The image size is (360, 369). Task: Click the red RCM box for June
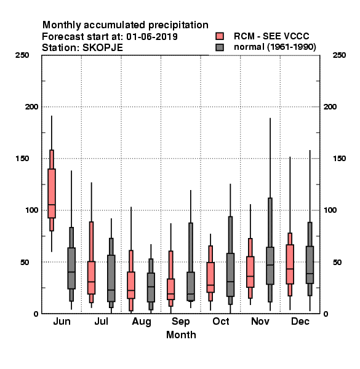[x=52, y=193]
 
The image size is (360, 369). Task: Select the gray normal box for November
[x=270, y=266]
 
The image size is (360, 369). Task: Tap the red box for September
[x=170, y=289]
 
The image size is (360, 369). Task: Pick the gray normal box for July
[x=111, y=278]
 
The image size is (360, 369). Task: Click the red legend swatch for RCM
[x=220, y=36]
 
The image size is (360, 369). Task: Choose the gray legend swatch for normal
[x=220, y=47]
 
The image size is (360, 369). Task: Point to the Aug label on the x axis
[x=142, y=322]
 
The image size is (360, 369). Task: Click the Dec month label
[x=300, y=321]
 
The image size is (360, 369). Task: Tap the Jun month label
[x=62, y=321]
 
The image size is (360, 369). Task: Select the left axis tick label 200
[x=31, y=106]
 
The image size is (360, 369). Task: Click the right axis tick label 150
[x=339, y=159]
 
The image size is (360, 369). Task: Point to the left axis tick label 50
[x=24, y=262]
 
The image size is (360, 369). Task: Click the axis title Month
[x=181, y=335]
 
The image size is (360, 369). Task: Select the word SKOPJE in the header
[x=103, y=48]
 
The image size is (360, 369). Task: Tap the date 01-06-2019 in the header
[x=152, y=36]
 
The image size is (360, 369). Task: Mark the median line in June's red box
[x=52, y=205]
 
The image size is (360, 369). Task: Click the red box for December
[x=290, y=264]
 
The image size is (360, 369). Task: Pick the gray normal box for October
[x=230, y=275]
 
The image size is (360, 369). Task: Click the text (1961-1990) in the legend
[x=292, y=47]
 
